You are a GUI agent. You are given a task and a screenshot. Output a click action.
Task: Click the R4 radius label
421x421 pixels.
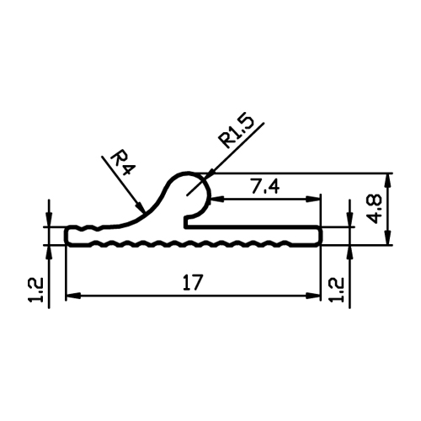(123, 163)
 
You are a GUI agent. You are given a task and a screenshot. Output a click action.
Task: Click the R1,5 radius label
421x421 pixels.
(237, 131)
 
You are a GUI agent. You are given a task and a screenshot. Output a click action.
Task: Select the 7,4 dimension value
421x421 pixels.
(265, 187)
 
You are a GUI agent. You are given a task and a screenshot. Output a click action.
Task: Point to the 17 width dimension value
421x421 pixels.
(193, 282)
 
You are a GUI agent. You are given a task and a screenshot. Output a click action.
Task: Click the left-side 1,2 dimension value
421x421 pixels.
(35, 290)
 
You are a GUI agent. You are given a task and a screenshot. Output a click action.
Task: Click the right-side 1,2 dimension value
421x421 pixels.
(337, 290)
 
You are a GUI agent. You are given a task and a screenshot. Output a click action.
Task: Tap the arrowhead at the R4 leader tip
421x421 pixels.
(141, 208)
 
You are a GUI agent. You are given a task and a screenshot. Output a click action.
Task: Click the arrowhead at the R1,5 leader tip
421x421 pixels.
(208, 175)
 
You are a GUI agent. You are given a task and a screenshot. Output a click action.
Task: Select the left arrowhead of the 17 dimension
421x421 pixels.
(73, 296)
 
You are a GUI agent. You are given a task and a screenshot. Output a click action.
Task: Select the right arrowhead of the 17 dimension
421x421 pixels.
(313, 296)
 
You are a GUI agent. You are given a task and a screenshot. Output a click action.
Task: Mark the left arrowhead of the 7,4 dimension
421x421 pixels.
(217, 199)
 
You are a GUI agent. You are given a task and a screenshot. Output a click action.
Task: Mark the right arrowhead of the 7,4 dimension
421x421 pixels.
(312, 199)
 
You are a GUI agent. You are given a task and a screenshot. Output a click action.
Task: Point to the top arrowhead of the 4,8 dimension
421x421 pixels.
(388, 181)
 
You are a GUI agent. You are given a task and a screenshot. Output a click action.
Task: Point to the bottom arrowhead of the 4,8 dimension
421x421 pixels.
(388, 238)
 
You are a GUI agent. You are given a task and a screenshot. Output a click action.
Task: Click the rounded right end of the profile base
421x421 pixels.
(319, 236)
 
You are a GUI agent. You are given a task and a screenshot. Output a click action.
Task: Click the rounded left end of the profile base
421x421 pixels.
(67, 236)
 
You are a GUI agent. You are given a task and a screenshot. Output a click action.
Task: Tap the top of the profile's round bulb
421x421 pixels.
(188, 173)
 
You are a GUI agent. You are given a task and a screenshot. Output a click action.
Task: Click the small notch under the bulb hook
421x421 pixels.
(186, 221)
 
